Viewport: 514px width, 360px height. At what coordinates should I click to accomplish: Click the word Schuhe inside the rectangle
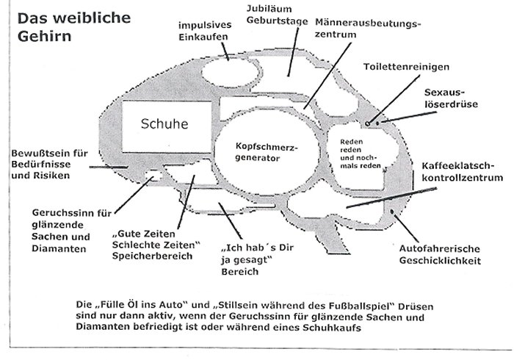164,123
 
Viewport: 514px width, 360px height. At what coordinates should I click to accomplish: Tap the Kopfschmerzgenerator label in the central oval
267,153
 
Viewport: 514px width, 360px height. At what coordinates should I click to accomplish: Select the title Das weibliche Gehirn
74,27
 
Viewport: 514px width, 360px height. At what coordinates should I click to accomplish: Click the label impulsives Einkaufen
205,31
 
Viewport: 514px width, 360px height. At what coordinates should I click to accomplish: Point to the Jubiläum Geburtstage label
277,15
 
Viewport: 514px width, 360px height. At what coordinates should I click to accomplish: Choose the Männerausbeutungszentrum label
368,29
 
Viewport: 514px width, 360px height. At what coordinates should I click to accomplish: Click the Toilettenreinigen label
406,67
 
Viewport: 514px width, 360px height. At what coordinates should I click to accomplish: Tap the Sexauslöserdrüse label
451,98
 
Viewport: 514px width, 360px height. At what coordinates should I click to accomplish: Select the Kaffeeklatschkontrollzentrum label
462,172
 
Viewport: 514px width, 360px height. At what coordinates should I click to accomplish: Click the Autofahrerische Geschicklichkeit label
440,255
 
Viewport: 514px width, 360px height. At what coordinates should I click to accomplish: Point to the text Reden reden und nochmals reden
361,154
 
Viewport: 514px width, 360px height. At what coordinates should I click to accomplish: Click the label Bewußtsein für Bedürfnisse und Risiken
49,165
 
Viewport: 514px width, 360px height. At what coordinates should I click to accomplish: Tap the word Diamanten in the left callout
59,248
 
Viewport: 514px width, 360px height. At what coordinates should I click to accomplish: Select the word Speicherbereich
152,256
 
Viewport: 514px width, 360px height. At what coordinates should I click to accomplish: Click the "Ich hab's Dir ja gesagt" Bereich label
257,259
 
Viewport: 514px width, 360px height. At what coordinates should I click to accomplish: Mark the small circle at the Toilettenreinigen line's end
367,123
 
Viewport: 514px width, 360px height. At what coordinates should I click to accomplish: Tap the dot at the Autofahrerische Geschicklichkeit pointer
391,212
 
